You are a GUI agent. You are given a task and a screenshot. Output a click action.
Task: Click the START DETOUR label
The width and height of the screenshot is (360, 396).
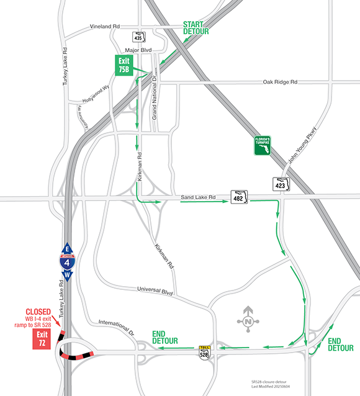tap(196, 27)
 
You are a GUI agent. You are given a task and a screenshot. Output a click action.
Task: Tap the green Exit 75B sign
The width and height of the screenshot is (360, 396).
tap(124, 65)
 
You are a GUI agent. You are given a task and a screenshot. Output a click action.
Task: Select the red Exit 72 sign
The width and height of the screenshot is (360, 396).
tap(42, 339)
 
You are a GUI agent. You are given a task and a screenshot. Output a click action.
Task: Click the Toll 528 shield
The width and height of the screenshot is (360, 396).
tap(204, 353)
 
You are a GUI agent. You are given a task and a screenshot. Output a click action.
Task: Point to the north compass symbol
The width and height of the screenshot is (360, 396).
tap(249, 320)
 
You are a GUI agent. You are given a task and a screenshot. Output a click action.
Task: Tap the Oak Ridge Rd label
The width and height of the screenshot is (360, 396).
tap(281, 81)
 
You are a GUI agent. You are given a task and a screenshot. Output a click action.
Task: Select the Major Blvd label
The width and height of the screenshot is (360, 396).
tap(138, 50)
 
